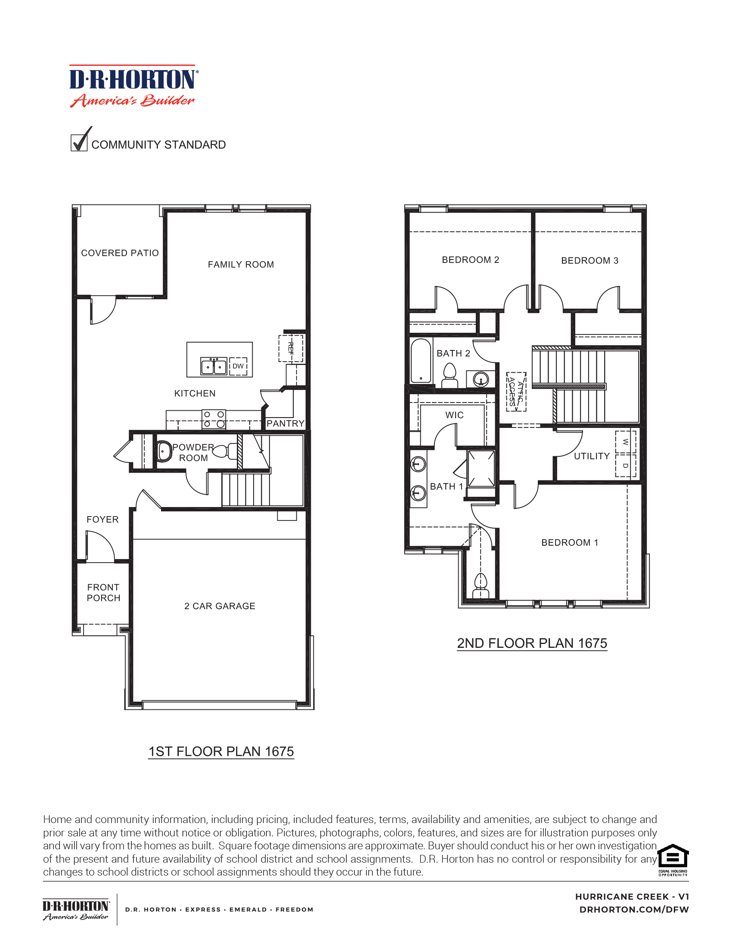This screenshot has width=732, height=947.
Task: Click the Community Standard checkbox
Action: pos(79,142)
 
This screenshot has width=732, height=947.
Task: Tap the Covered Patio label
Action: pos(120,253)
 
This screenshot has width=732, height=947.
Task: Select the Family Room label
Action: pos(241,264)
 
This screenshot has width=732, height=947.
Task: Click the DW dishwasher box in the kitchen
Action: pos(238,366)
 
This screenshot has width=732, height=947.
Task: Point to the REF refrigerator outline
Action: pos(291,348)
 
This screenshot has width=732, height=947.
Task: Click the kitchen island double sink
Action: pos(214,366)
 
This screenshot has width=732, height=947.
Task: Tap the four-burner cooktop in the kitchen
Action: pos(214,419)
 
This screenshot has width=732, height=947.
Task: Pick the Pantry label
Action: pos(285,423)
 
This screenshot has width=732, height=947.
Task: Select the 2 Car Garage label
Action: pos(220,606)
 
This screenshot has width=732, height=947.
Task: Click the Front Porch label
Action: pos(103,593)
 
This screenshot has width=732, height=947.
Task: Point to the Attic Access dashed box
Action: pos(516,392)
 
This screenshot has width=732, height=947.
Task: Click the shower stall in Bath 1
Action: pos(481,468)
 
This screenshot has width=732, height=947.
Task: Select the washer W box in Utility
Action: pos(625,442)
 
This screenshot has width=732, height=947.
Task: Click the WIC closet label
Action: pos(454,415)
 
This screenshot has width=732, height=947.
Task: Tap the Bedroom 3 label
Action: pos(589,260)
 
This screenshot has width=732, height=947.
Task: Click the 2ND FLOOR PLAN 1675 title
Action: pos(532,643)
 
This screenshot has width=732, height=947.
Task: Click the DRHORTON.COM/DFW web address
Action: pos(633,910)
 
